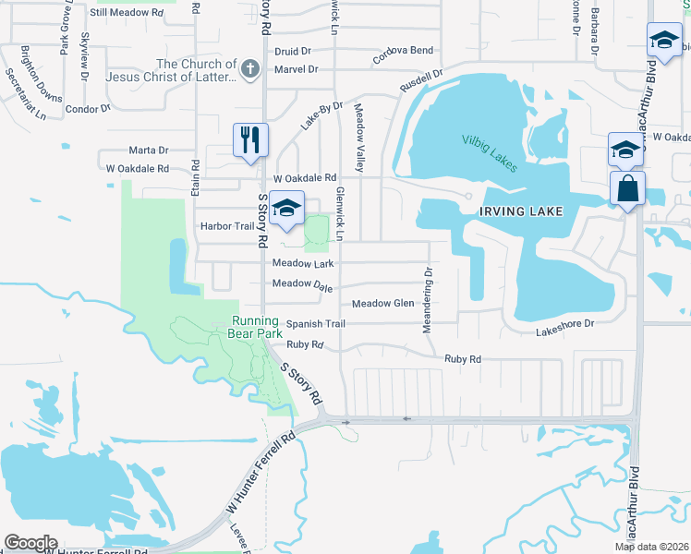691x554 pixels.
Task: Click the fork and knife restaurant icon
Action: tap(249, 140)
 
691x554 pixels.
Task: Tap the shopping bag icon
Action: tap(627, 187)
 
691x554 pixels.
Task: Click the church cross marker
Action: tap(249, 68)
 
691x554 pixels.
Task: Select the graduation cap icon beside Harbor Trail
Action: tap(287, 208)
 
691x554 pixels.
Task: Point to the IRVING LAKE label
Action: tap(520, 211)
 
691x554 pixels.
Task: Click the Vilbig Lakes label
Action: tap(490, 152)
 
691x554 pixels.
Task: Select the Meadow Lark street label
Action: tap(303, 263)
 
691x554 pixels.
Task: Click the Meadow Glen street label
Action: tap(383, 303)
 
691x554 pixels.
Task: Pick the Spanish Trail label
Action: tap(315, 323)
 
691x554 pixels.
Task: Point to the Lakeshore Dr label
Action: tap(564, 324)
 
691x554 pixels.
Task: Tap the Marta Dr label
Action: tap(149, 150)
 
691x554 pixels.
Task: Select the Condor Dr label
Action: tap(89, 109)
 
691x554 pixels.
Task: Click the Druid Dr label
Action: tap(293, 52)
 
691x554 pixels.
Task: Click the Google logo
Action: tap(30, 543)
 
